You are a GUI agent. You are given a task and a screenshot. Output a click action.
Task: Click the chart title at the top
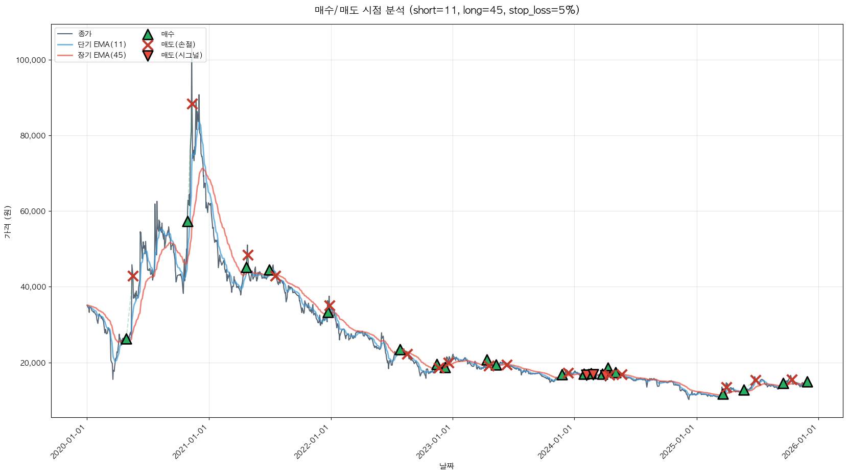(x=446, y=10)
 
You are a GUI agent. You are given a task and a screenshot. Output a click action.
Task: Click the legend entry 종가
(x=85, y=34)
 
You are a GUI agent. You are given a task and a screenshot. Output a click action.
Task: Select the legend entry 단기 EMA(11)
(x=102, y=44)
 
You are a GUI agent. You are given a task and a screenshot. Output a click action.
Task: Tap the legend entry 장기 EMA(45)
(x=102, y=55)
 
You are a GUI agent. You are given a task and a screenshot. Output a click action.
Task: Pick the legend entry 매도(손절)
(x=178, y=44)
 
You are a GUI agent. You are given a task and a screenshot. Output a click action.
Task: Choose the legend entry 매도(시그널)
(x=181, y=55)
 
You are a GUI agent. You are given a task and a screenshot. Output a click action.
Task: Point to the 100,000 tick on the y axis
(x=31, y=60)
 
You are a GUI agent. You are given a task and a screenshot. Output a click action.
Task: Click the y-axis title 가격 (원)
(x=7, y=222)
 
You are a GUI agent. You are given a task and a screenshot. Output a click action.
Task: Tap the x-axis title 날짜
(x=446, y=466)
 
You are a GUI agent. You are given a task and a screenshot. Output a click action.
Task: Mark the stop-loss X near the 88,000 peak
(x=192, y=104)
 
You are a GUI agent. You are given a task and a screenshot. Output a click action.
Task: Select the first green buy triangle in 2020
(x=126, y=339)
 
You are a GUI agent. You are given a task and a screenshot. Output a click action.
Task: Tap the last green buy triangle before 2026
(x=807, y=382)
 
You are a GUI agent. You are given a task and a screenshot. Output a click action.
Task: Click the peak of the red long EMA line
(x=203, y=169)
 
